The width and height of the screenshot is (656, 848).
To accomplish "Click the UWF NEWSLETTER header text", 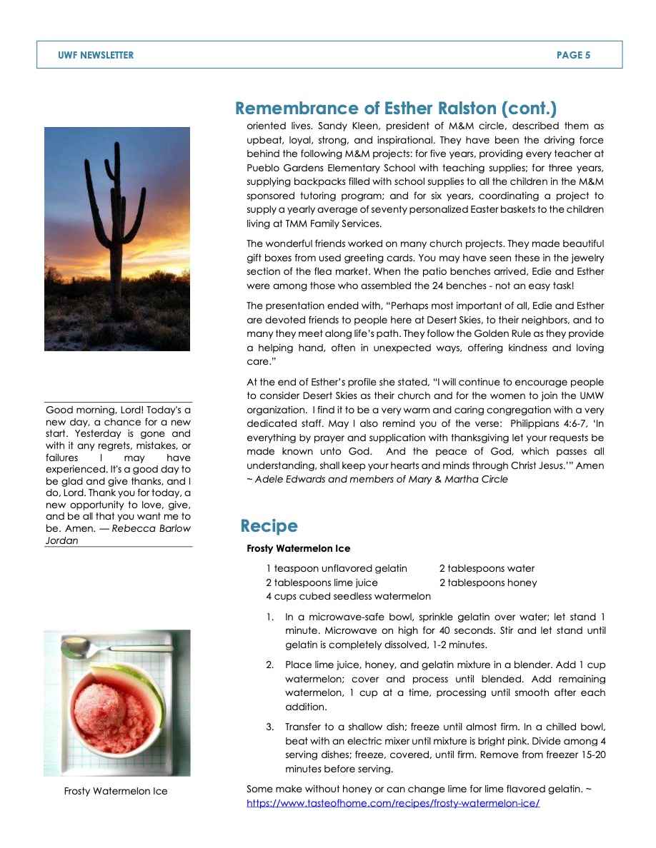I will click(x=96, y=55).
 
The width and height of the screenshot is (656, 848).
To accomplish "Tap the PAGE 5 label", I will click(x=573, y=55).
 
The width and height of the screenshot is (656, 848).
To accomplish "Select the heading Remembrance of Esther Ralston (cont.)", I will click(x=396, y=108).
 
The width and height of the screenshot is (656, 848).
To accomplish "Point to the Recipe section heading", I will click(x=269, y=526).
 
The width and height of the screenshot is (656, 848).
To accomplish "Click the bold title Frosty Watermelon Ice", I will click(x=299, y=548).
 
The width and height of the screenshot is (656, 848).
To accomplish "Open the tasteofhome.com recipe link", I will click(x=393, y=802).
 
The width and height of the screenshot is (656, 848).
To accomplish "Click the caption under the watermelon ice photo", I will click(x=116, y=791).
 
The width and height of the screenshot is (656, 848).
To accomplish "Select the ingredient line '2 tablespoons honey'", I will click(x=488, y=582).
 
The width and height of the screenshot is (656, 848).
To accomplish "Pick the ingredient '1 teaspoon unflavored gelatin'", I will click(x=337, y=568).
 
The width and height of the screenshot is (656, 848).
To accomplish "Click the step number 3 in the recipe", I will click(x=270, y=727).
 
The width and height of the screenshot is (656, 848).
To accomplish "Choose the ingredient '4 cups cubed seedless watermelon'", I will click(x=349, y=596).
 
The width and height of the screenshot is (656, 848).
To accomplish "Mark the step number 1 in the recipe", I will click(x=270, y=617).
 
